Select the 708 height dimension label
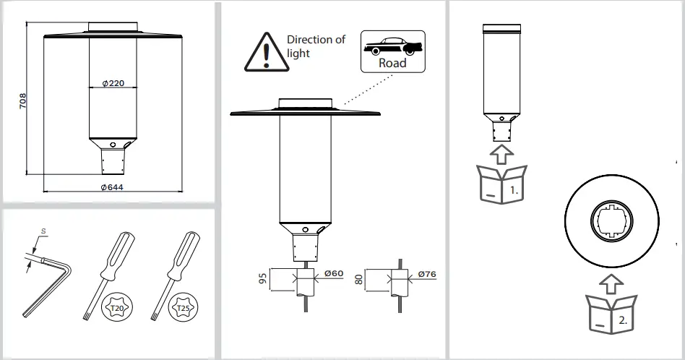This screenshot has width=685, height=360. pos(22,101)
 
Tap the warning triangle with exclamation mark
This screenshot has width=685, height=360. pos(267,52)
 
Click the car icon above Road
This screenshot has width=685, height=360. pos(392,46)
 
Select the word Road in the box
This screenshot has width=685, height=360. pos(392,63)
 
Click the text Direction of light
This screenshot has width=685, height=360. pos(316,46)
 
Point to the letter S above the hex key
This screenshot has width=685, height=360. pos(43,232)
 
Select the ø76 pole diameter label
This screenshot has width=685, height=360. pos(428,274)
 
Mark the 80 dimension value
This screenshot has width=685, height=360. pos(360,279)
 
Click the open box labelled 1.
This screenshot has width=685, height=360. pos(501,184)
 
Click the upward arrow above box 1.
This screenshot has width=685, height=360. pos(501,153)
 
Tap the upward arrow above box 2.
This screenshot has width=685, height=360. pos(611,281)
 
